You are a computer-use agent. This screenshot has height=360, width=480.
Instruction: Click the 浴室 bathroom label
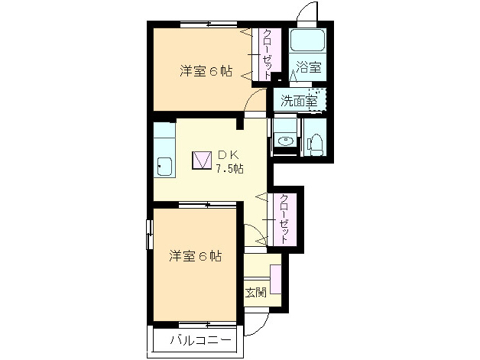coord(309,67)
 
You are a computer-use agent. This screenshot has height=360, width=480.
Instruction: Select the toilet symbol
coord(314,143)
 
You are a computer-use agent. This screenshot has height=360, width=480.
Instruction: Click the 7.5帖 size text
coord(229,169)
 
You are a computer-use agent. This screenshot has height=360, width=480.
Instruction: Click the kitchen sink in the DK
coord(164,164)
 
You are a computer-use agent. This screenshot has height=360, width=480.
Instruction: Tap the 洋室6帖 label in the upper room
coord(206,72)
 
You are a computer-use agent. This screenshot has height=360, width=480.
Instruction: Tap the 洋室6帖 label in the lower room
coord(196,256)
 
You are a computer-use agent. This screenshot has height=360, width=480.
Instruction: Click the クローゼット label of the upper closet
coord(267,52)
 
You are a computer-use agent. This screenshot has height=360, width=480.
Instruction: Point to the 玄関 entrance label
coord(255,292)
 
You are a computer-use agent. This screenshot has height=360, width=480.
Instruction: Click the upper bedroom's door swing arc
coord(258,102)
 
